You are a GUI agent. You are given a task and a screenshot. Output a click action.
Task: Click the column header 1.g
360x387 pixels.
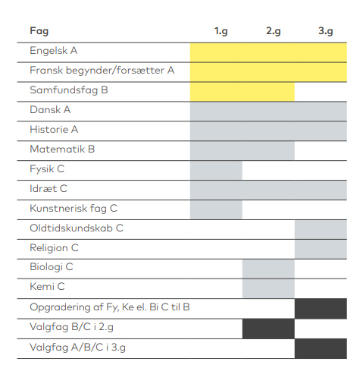(221, 31)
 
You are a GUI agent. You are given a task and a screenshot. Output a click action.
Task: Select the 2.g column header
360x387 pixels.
(274, 31)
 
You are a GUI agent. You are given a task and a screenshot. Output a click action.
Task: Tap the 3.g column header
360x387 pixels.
(326, 31)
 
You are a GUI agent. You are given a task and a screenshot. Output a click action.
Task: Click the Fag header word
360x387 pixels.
(39, 31)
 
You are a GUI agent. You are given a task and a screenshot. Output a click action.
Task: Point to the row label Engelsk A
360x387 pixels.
(54, 51)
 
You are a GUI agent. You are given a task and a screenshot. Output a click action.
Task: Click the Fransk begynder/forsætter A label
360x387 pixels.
(102, 71)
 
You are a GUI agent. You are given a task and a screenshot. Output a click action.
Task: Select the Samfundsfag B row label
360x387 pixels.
(69, 90)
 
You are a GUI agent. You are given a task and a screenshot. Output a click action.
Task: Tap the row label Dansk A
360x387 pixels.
(50, 110)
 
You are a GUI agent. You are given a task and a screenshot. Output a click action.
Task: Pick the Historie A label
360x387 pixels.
(54, 130)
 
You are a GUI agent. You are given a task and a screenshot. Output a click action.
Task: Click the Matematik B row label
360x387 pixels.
(62, 149)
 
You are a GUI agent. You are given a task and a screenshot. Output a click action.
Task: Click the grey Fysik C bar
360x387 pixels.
(216, 171)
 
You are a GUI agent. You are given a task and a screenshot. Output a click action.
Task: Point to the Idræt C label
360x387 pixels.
(49, 189)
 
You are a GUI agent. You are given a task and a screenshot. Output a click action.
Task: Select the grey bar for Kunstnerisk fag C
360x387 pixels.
(216, 210)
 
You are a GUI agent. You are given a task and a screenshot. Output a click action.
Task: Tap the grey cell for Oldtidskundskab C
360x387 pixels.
(321, 230)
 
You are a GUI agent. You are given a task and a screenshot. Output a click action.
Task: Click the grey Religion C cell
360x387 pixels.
(321, 250)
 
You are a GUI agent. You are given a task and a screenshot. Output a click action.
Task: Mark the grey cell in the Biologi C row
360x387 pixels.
(268, 269)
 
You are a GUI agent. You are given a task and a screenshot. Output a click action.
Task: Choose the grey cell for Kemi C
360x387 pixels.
(268, 289)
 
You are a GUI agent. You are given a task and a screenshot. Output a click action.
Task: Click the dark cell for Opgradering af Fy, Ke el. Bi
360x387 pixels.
(321, 309)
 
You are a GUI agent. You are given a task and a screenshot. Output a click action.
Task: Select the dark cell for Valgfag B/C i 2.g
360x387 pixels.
(268, 329)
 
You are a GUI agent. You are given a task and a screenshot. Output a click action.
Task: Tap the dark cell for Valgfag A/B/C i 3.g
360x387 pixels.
(321, 349)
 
